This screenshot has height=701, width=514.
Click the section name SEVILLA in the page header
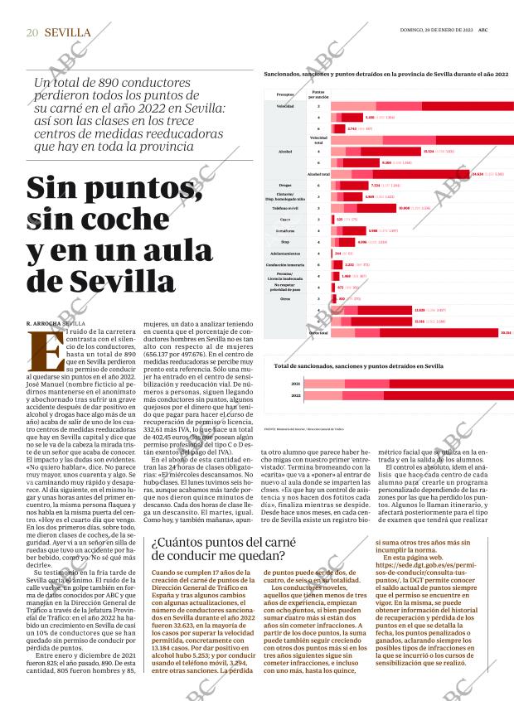68,32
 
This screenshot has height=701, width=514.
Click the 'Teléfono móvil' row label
285,208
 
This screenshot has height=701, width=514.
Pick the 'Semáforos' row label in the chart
285,231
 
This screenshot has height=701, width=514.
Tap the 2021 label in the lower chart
296,384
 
